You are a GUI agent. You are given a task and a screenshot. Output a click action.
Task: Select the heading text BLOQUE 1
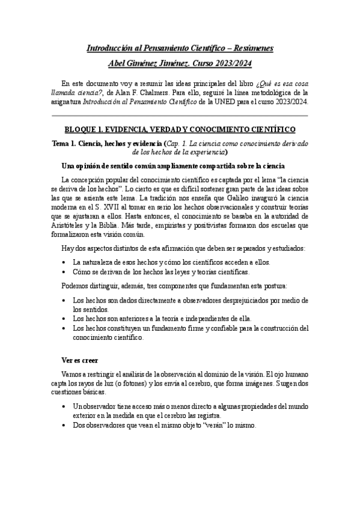point(85,129)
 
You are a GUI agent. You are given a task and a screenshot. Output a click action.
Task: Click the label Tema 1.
point(63,144)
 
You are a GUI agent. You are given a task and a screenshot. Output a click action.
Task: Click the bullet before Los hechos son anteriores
point(65,319)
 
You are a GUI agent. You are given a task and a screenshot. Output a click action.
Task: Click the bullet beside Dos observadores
point(65,425)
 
